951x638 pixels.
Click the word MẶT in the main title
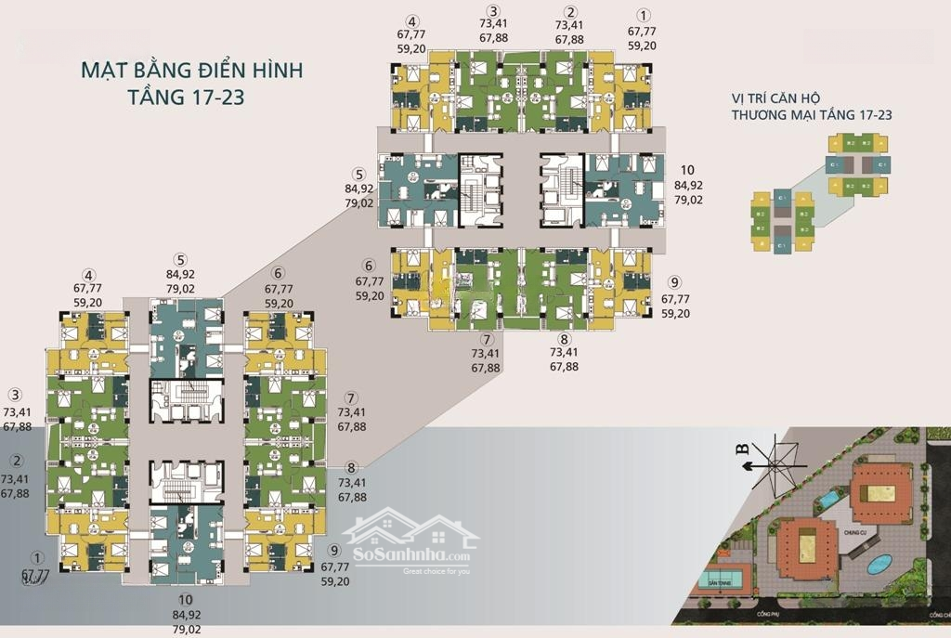[105, 71]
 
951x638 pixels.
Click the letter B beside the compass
[742, 449]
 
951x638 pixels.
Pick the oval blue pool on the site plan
[877, 564]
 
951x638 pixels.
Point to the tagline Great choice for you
[436, 571]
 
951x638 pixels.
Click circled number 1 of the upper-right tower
[642, 16]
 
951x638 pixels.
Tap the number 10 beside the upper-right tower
[687, 170]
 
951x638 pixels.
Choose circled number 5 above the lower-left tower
[180, 259]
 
